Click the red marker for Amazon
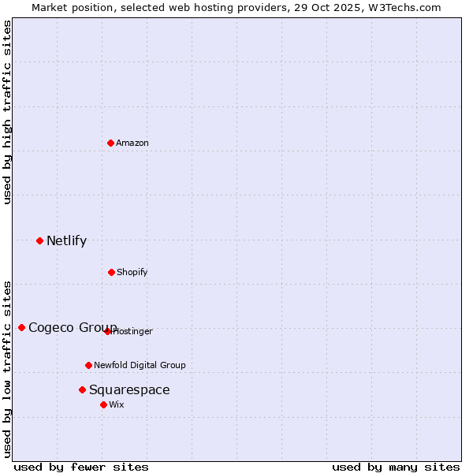[110, 143]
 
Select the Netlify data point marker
[39, 240]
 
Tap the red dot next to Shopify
[111, 272]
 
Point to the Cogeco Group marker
[21, 327]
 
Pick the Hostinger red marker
[107, 331]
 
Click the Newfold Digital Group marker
[88, 365]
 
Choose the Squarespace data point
[82, 389]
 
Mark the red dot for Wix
[103, 404]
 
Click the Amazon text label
[132, 143]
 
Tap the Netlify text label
[66, 240]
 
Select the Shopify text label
[132, 272]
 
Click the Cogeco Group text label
[73, 327]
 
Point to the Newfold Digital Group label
[140, 365]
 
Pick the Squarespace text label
[129, 389]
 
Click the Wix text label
[117, 404]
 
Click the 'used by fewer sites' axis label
[80, 467]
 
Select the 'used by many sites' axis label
[396, 467]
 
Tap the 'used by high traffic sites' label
[7, 112]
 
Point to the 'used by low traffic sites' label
[7, 369]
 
